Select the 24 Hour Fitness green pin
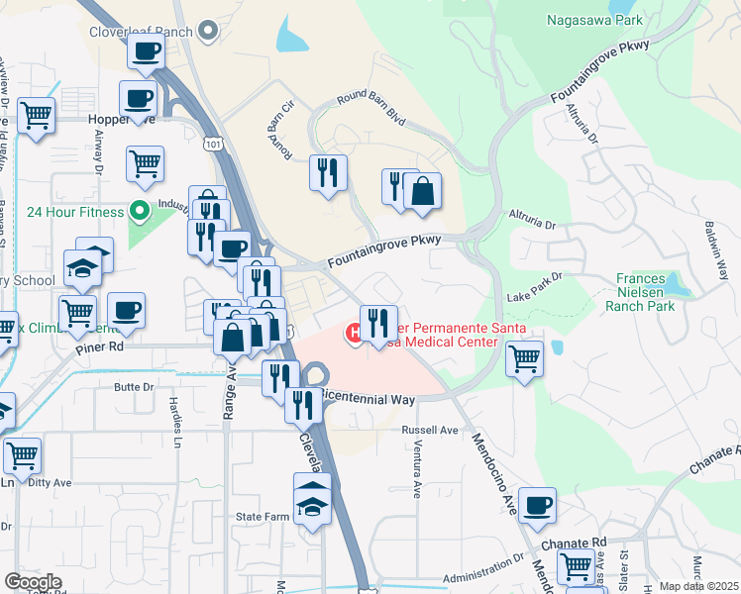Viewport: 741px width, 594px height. coord(140,211)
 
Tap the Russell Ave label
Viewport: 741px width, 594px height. coord(429,431)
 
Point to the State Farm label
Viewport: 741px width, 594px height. coord(262,517)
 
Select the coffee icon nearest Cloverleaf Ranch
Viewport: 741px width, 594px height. coord(147,51)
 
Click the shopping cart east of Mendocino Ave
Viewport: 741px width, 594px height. coord(525,357)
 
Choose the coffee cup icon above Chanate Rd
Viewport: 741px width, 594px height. coord(537,506)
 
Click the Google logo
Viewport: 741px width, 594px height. coord(33,582)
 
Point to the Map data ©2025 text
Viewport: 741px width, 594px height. coord(698,586)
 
